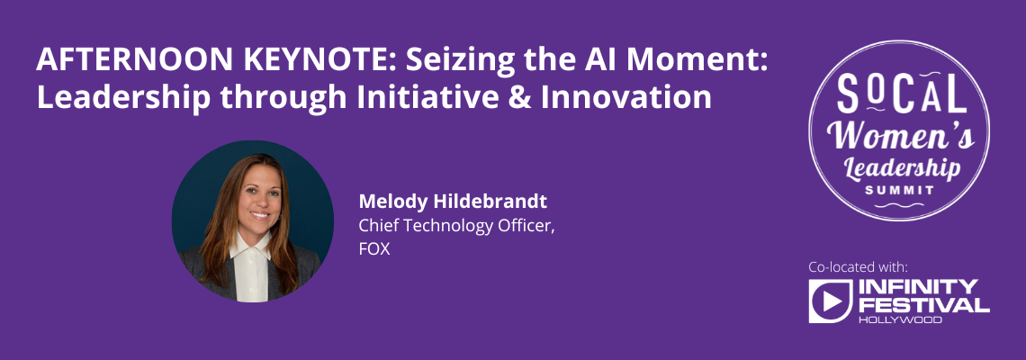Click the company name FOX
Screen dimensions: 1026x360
[x=374, y=249]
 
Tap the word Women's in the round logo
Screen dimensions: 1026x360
[x=900, y=136]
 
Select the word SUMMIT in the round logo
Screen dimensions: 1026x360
[x=898, y=190]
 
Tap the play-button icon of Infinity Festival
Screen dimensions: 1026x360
[x=831, y=301]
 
